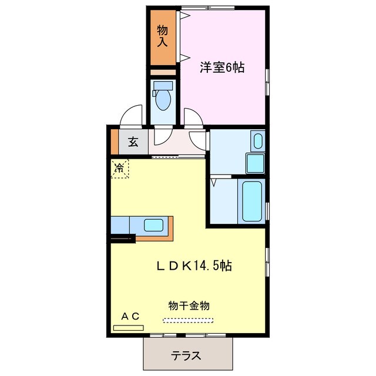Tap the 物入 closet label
pyautogui.click(x=163, y=36)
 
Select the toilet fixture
pyautogui.click(x=162, y=99)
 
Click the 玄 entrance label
pyautogui.click(x=133, y=142)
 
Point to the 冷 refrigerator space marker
pyautogui.click(x=119, y=168)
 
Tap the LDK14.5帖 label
pyautogui.click(x=194, y=266)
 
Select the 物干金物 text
pyautogui.click(x=189, y=305)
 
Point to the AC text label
pyautogui.click(x=130, y=317)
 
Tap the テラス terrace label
pyautogui.click(x=187, y=355)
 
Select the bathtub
pyautogui.click(x=251, y=200)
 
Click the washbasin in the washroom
pyautogui.click(x=257, y=142)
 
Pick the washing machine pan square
pyautogui.click(x=254, y=163)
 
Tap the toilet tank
pyautogui.click(x=162, y=85)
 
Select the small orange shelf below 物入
pyautogui.click(x=162, y=72)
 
